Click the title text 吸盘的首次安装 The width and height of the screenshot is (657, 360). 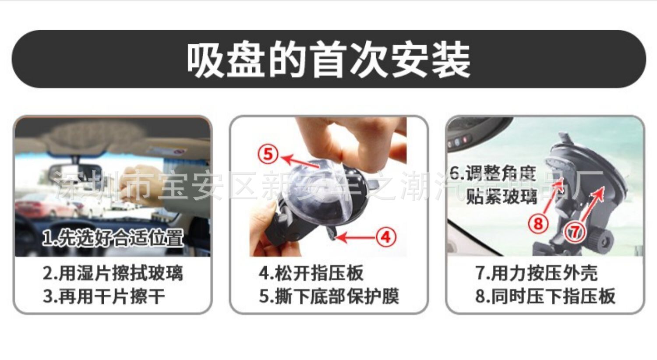tap(328, 60)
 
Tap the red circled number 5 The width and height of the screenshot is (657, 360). tap(268, 154)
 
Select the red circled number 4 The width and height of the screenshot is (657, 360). tap(386, 237)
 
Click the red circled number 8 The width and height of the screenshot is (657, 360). tap(538, 224)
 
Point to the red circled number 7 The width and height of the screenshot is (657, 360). tap(575, 233)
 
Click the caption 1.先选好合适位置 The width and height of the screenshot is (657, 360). tap(113, 237)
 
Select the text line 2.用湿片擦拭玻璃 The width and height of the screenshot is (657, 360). tap(113, 273)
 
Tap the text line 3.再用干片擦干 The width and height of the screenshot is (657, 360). tap(104, 296)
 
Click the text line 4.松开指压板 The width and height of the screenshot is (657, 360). tap(311, 273)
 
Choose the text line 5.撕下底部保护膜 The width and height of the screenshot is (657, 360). tap(329, 296)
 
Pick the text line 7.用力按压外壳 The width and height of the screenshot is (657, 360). tap(537, 273)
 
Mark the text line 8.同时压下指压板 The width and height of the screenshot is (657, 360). tap(545, 296)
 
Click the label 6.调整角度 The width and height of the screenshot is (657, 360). tap(493, 173)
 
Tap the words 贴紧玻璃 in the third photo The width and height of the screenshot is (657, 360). tap(502, 196)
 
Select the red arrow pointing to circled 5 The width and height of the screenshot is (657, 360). tap(300, 162)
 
